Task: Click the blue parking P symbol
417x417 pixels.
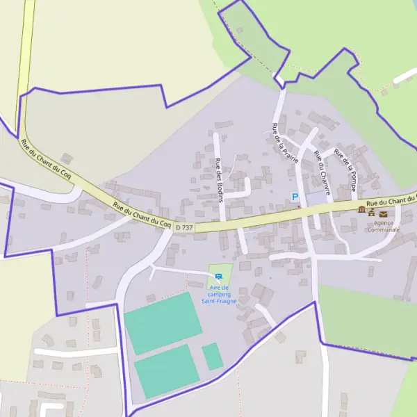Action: (x=294, y=197)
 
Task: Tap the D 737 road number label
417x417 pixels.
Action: (x=184, y=227)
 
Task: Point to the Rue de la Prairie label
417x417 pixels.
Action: (x=285, y=142)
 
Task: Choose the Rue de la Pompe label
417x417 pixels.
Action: (x=345, y=170)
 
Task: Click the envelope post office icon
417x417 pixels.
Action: (x=383, y=213)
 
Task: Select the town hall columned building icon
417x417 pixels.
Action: (x=361, y=210)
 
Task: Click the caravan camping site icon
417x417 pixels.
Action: (x=219, y=277)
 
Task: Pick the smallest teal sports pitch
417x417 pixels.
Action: (x=213, y=357)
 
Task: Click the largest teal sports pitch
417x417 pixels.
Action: (x=163, y=322)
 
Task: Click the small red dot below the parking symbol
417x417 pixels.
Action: (x=298, y=206)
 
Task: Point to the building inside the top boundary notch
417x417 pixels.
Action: (x=240, y=31)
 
